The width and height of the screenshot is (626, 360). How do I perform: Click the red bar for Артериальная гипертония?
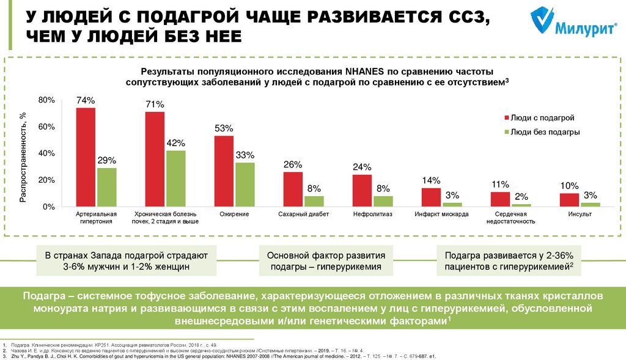pyautogui.click(x=86, y=157)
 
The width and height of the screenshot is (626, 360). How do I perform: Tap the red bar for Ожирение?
pyautogui.click(x=224, y=171)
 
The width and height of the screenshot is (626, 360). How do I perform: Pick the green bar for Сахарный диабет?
pyautogui.click(x=314, y=202)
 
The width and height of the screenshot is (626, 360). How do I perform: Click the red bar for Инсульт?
pyautogui.click(x=569, y=200)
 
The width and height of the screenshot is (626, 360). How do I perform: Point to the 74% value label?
pyautogui.click(x=86, y=100)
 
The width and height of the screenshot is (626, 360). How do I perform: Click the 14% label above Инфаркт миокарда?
pyautogui.click(x=431, y=180)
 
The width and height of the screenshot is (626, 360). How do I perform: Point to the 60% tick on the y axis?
pyautogui.click(x=47, y=127)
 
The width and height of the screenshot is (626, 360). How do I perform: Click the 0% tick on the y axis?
pyautogui.click(x=50, y=207)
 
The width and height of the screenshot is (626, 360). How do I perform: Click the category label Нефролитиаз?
pyautogui.click(x=372, y=215)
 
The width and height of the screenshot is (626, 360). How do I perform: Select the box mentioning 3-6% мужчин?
pyautogui.click(x=127, y=260)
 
